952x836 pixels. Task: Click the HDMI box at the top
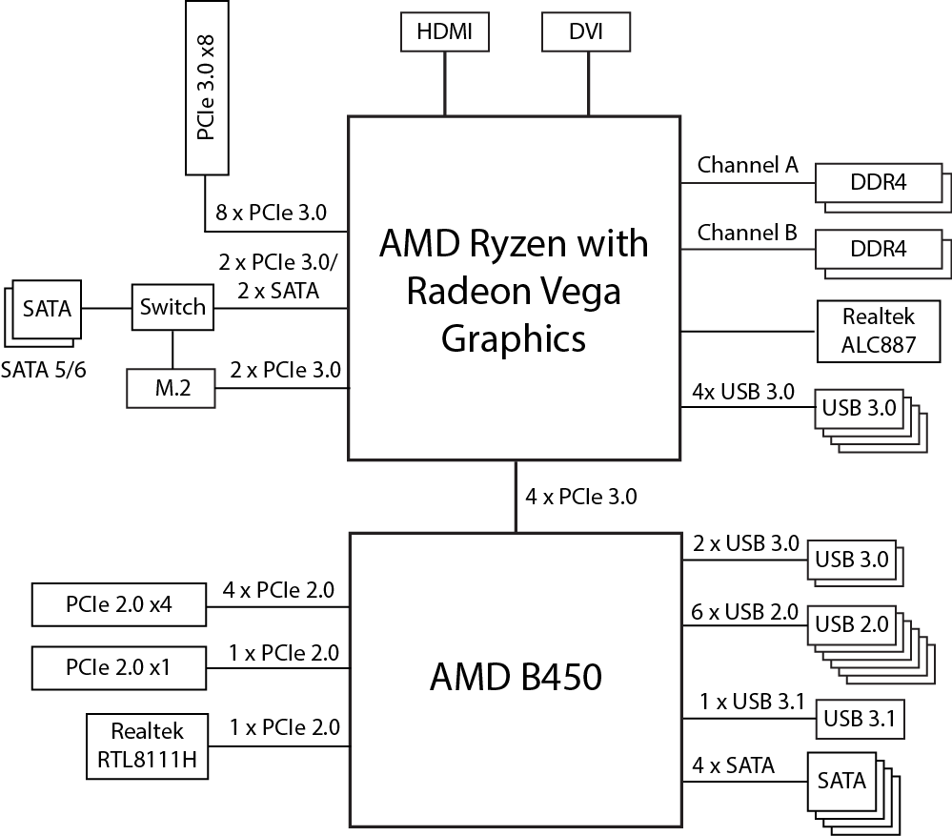[444, 32]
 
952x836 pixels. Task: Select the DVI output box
[585, 32]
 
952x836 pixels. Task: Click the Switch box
[172, 307]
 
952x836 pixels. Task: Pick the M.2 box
[171, 386]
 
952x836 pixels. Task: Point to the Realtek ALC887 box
[877, 331]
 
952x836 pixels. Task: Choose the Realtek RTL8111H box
[147, 746]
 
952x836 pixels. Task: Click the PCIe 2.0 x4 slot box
[119, 604]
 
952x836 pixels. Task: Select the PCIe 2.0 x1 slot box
[119, 667]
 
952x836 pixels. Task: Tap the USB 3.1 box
[857, 719]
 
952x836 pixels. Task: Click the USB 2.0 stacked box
[852, 624]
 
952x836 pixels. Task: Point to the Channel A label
[747, 165]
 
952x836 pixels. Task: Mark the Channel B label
[747, 233]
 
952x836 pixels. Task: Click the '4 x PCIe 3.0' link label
[581, 497]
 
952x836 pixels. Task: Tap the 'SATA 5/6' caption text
[44, 369]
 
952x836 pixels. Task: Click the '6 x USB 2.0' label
[745, 612]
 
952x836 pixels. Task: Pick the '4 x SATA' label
[733, 765]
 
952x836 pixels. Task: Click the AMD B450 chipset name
[516, 678]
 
